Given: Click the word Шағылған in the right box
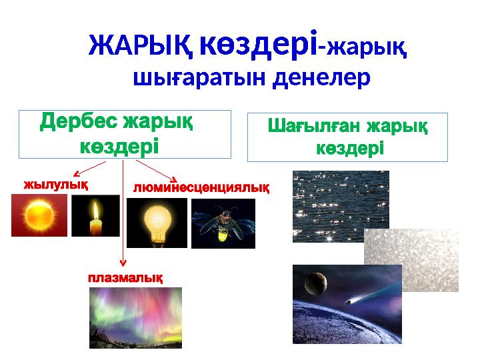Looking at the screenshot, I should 314,126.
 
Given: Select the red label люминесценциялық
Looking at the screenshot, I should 201,187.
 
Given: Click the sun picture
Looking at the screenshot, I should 39,215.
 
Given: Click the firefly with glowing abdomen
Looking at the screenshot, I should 222,225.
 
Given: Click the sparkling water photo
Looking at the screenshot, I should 340,206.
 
